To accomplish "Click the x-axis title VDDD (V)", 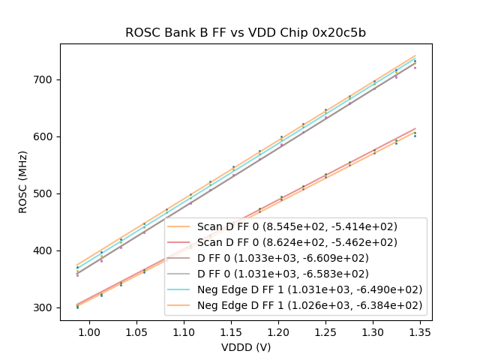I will point(245,347).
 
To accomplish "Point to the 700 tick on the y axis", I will point(45,79).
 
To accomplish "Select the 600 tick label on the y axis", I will point(45,136).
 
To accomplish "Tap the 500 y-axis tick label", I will point(45,193).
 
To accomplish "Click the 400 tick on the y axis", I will point(45,250).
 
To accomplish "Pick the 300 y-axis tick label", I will point(45,307).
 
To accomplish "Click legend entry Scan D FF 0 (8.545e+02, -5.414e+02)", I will point(297,226).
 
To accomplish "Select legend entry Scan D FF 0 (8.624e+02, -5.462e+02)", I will point(297,242).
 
